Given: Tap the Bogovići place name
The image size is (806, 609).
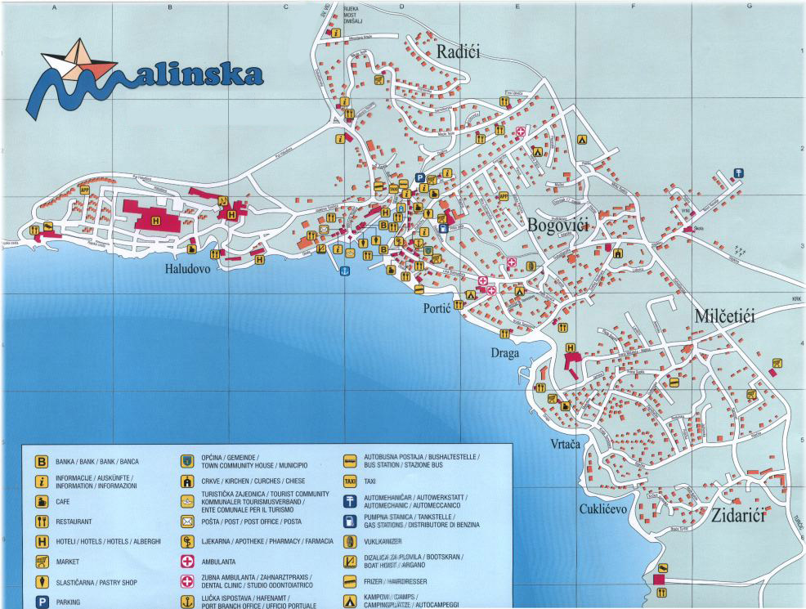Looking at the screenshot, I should [558, 226].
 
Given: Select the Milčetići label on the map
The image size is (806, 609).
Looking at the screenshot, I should [725, 316].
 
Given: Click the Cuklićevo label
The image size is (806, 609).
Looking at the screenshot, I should [603, 508].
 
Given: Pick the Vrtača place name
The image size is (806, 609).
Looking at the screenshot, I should [565, 444].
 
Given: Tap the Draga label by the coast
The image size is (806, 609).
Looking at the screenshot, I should [506, 352].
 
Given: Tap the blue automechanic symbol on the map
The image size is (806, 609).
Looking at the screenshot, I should [739, 172].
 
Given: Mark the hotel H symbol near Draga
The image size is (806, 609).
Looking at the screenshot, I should [570, 347].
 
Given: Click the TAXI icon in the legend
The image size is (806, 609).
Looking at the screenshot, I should [350, 481].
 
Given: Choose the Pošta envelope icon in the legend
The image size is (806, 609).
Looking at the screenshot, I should [186, 521].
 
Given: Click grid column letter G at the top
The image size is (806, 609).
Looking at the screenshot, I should [749, 7].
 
